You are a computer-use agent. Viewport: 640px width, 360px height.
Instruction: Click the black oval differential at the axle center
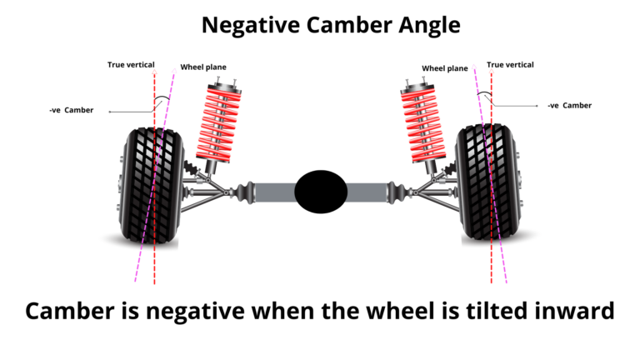(321, 191)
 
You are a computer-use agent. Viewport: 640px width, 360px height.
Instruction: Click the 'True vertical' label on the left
(131, 64)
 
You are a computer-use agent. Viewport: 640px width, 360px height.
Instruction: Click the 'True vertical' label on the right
(510, 64)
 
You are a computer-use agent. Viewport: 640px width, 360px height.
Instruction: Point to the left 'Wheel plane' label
(203, 67)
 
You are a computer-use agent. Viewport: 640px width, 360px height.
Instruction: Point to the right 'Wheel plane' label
(445, 68)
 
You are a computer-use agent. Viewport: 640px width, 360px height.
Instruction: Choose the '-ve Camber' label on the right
(569, 106)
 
